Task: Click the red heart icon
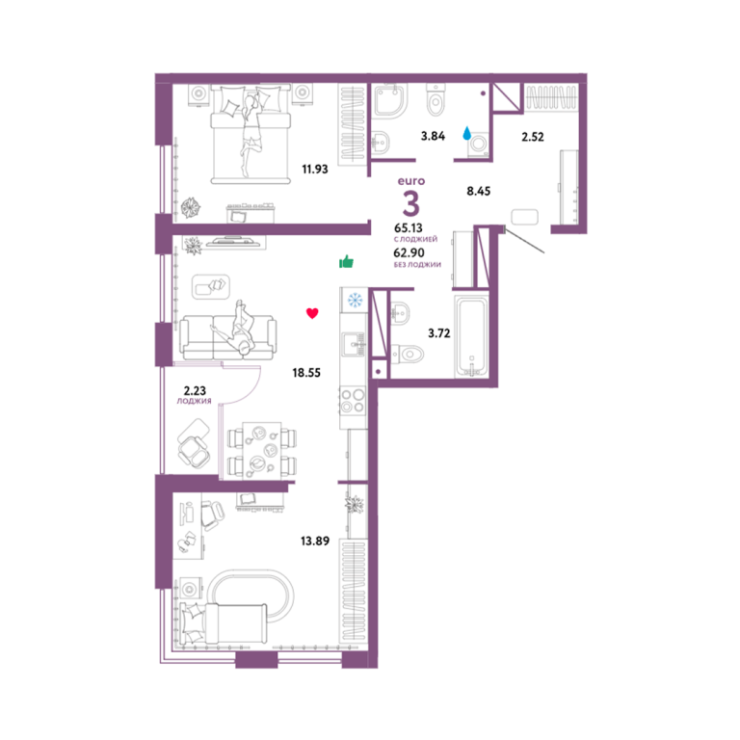312,313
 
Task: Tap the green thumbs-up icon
347,261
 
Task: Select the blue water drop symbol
466,134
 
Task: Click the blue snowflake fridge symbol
355,300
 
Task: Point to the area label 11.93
315,169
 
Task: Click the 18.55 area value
306,373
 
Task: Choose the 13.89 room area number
315,541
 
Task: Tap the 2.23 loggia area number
195,391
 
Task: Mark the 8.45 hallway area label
479,191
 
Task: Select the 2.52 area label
532,137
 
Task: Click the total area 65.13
409,228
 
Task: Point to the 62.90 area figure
409,253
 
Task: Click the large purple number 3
411,204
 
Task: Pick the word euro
411,181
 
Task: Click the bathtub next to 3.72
471,335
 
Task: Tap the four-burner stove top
353,400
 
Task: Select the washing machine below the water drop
479,144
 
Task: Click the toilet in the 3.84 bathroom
436,99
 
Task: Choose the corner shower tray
390,101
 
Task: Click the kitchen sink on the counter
354,344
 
